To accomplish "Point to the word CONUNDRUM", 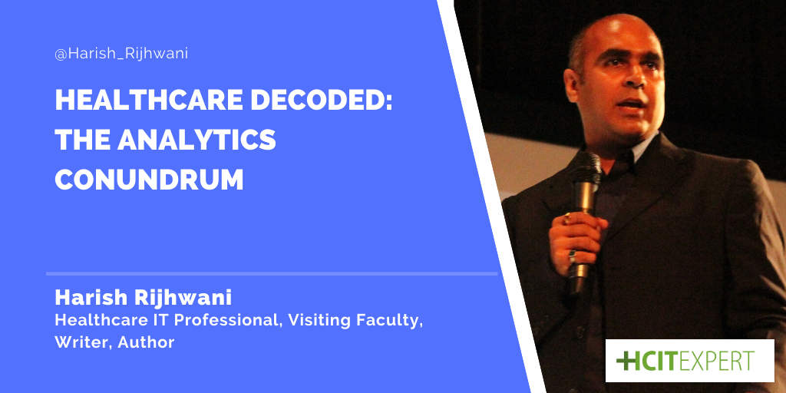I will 149,179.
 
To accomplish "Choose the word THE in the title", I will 81,141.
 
